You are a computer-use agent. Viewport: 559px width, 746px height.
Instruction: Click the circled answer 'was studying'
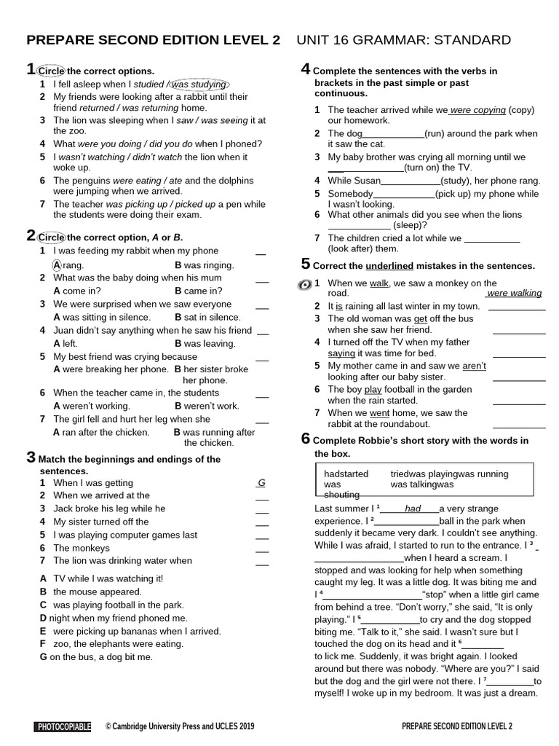pyautogui.click(x=198, y=85)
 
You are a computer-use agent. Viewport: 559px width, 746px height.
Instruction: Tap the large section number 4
pyautogui.click(x=306, y=69)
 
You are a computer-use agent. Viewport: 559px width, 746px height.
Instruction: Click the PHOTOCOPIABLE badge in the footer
pyautogui.click(x=63, y=726)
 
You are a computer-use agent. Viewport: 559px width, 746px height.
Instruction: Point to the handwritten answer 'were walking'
pyautogui.click(x=515, y=293)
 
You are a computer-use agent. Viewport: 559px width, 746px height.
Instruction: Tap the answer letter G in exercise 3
pyautogui.click(x=261, y=483)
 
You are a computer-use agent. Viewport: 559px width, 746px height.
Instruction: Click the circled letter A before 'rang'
pyautogui.click(x=58, y=265)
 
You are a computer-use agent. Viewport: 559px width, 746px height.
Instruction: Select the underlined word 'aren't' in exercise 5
pyautogui.click(x=474, y=366)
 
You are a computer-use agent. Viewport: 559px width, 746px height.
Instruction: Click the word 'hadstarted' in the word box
pyautogui.click(x=346, y=474)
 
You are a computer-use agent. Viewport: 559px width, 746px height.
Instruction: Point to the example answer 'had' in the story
pyautogui.click(x=413, y=509)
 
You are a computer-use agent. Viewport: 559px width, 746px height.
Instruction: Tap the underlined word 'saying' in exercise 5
pyautogui.click(x=341, y=353)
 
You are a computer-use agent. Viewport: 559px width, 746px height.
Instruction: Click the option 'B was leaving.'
pyautogui.click(x=205, y=343)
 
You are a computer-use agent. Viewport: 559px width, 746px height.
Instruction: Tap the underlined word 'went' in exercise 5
pyautogui.click(x=380, y=412)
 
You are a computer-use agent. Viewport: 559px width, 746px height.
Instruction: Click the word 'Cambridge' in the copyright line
pyautogui.click(x=137, y=726)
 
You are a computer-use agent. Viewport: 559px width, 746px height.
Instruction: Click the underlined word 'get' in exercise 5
pyautogui.click(x=420, y=318)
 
